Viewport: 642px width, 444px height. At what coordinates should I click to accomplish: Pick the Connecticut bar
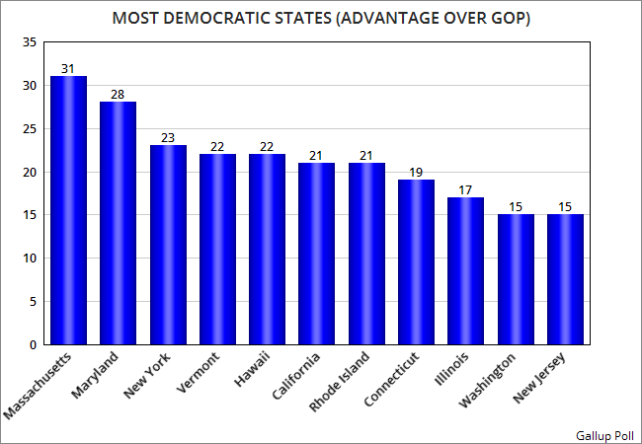tap(416, 261)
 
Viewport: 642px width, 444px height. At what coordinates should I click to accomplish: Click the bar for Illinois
tap(465, 270)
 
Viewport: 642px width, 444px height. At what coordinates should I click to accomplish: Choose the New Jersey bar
tap(565, 279)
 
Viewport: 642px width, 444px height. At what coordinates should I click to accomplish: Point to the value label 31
tap(68, 69)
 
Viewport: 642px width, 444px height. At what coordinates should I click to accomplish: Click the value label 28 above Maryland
tap(118, 95)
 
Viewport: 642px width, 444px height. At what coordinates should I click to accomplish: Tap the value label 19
tap(416, 173)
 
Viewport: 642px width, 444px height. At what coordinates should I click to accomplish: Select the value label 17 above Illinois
tap(465, 190)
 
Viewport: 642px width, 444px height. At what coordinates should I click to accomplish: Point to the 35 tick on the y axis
tap(28, 42)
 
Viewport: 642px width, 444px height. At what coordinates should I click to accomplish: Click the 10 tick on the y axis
tap(28, 259)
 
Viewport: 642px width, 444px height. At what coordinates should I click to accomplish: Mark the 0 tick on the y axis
tap(32, 345)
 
